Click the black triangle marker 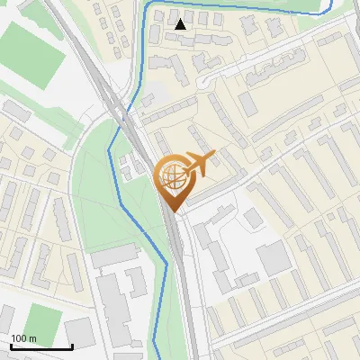[x=181, y=24]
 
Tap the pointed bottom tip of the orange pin [x=173, y=212]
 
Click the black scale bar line [x=41, y=347]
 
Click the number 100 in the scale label [x=19, y=339]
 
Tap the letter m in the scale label [x=31, y=339]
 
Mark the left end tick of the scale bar [x=11, y=346]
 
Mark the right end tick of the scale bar [x=72, y=346]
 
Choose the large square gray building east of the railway [x=274, y=259]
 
